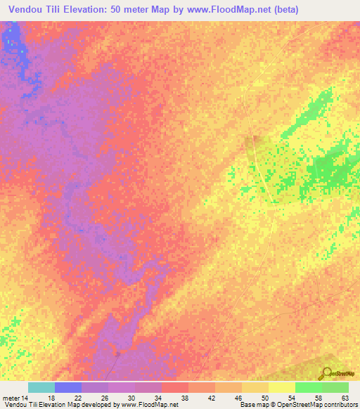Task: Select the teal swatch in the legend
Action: (x=41, y=388)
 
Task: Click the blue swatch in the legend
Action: (x=68, y=388)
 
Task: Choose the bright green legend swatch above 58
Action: (x=309, y=388)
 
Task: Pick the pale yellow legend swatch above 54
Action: (x=282, y=388)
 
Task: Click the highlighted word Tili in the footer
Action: (x=32, y=405)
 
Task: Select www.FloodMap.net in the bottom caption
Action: (x=148, y=405)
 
